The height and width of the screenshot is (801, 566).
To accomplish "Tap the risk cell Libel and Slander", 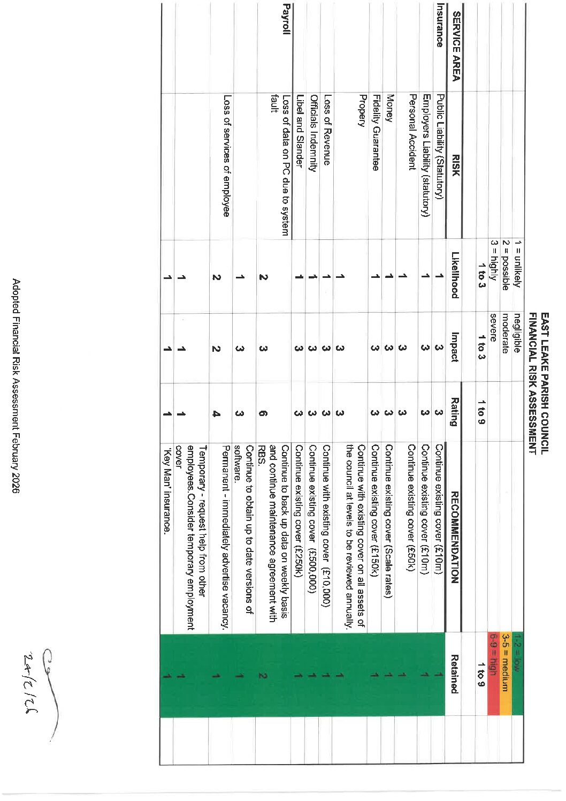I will point(300,131).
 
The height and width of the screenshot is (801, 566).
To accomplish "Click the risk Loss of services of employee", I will point(227,155).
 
